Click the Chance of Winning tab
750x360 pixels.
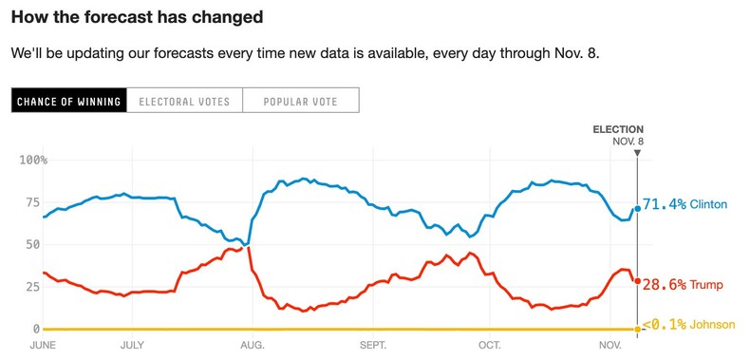[68, 101]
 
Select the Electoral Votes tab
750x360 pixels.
[184, 101]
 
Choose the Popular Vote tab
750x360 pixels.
[301, 101]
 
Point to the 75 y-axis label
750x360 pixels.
[31, 202]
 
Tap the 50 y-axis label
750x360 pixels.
[31, 244]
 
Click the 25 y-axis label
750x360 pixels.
[31, 287]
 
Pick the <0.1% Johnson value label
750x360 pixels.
[688, 325]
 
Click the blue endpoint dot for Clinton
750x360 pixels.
[637, 209]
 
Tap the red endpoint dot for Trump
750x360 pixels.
[637, 280]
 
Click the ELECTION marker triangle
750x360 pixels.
[637, 152]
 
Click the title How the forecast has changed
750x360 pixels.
[137, 18]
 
